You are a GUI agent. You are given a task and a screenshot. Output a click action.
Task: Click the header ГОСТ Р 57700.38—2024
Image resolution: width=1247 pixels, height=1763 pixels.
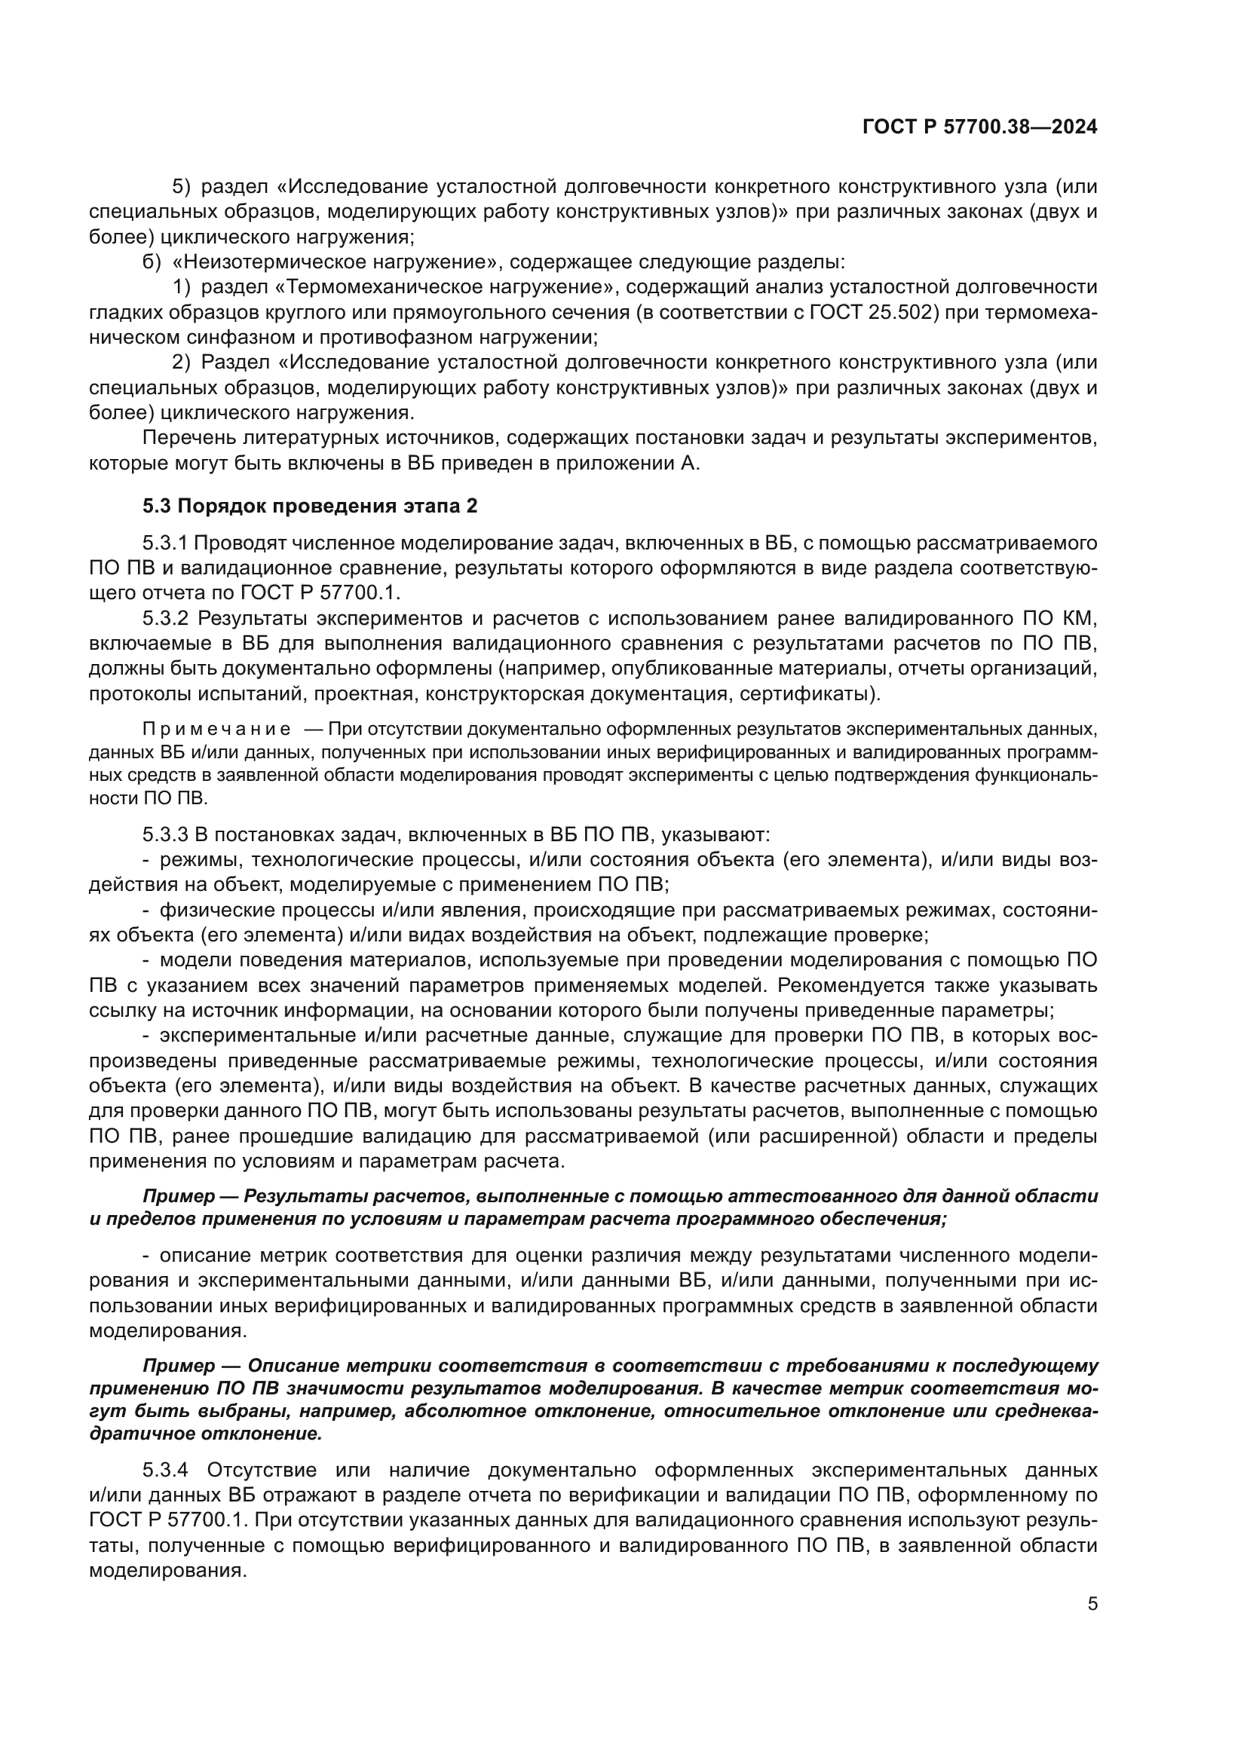980,127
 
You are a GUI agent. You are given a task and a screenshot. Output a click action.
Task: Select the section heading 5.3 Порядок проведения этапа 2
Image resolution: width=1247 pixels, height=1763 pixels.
309,506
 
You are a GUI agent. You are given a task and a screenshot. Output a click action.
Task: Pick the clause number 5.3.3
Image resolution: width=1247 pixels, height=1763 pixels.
165,834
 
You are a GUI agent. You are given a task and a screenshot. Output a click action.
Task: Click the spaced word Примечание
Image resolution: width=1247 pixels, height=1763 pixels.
216,729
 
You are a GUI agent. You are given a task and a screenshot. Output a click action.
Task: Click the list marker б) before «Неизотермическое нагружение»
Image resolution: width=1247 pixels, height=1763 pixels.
152,262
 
